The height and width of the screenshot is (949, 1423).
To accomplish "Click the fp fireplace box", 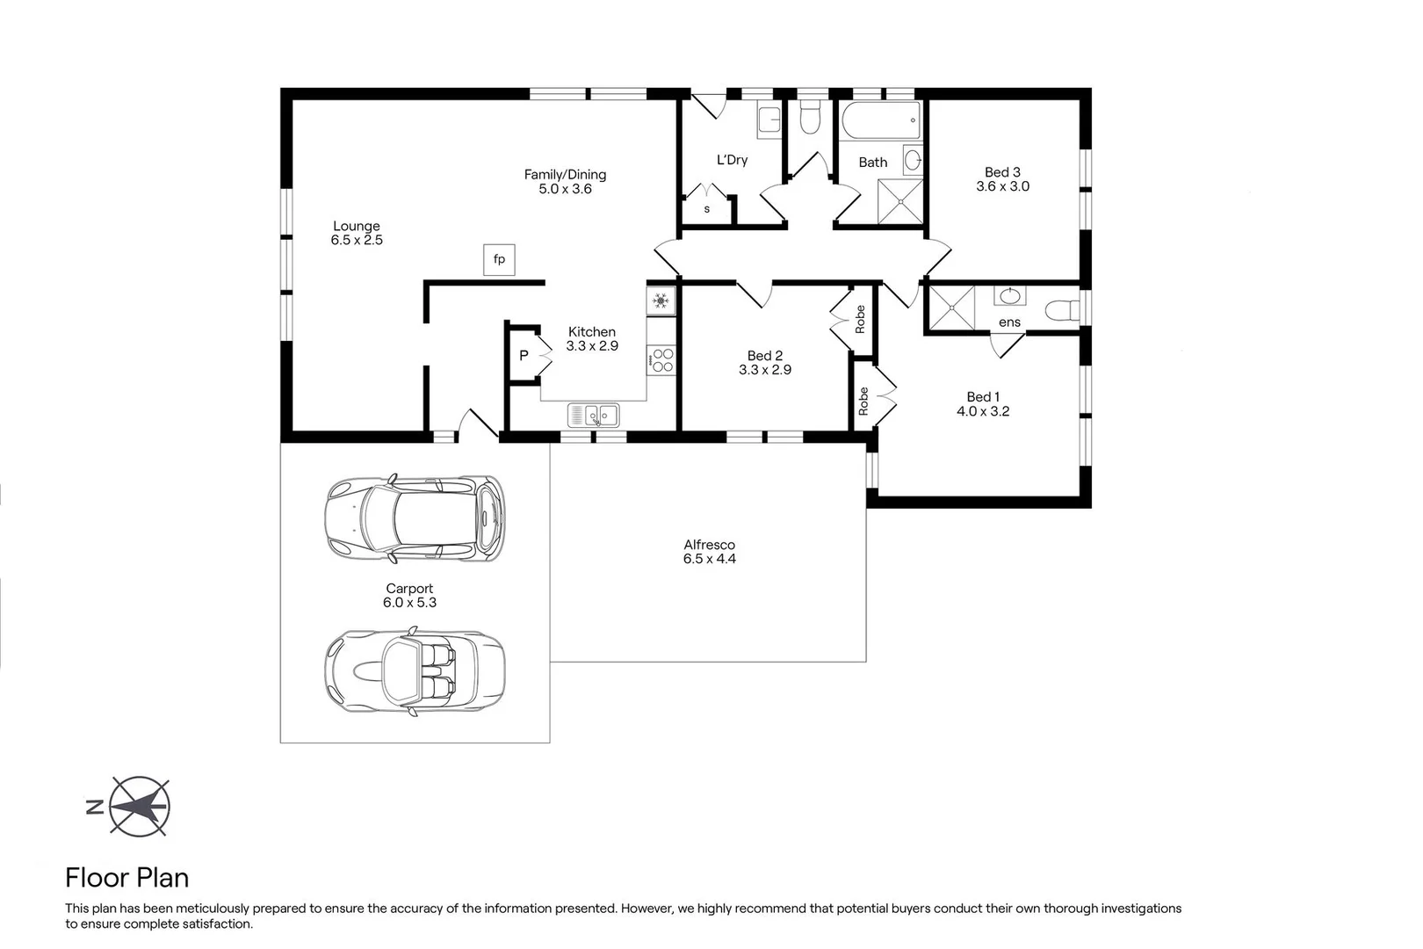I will pos(499,259).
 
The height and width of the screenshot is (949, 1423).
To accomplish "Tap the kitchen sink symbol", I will pos(593,415).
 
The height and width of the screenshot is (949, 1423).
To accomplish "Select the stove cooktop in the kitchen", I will pos(661,360).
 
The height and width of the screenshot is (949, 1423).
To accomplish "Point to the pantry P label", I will pos(524,356).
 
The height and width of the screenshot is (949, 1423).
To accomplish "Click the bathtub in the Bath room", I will pos(880,121).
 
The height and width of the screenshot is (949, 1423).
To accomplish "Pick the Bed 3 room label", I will pos(1002,172).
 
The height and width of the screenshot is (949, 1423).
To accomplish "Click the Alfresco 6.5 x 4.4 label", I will pos(709,552).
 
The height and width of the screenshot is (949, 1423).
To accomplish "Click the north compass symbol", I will pos(140,806).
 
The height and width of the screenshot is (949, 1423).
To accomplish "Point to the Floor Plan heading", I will pos(126,878).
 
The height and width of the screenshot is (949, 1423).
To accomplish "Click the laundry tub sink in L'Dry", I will pos(769,120).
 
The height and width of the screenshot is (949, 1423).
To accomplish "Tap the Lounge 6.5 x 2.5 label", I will pos(357,233).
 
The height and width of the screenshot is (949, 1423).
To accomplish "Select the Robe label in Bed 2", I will pos(860,318).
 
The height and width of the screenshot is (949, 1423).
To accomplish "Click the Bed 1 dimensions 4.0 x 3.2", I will pos(983,411).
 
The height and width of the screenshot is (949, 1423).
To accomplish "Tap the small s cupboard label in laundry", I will pos(707,209).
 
